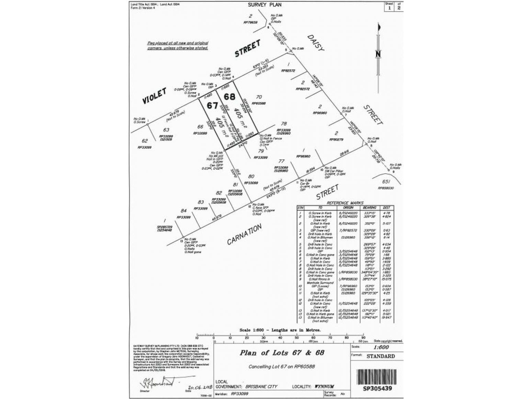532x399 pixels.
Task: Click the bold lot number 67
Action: tap(212, 105)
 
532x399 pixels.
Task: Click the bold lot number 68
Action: tap(229, 97)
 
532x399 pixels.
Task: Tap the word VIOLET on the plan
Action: tap(155, 96)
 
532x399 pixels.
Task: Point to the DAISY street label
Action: tap(316, 43)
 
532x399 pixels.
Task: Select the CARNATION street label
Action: tap(244, 234)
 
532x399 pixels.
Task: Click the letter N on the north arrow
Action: tap(378, 54)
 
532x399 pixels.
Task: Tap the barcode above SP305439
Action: tap(377, 377)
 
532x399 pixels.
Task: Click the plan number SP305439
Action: tap(377, 388)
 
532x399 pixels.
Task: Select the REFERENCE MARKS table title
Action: tap(345, 203)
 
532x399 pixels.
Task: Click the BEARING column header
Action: tap(369, 208)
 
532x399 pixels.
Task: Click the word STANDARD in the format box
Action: tap(381, 356)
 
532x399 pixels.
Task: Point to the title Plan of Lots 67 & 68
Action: tap(282, 353)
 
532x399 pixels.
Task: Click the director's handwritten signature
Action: tap(156, 381)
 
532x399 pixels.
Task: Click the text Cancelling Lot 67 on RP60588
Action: tap(282, 366)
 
